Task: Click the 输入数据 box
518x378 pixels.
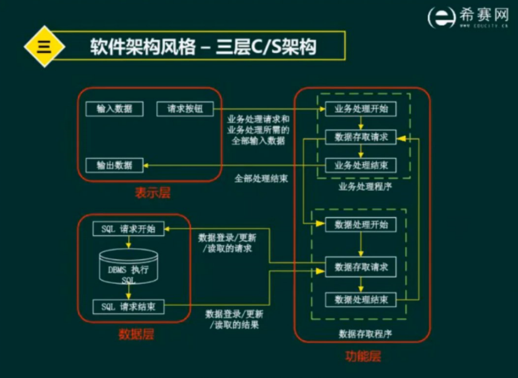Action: click(x=109, y=109)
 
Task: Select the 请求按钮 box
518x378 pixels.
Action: click(x=185, y=109)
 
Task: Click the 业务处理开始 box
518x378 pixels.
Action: click(x=361, y=109)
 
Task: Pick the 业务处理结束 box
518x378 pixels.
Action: click(x=361, y=165)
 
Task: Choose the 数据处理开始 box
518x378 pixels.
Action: click(x=361, y=224)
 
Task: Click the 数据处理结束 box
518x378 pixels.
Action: click(x=361, y=299)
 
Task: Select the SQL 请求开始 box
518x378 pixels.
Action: click(x=128, y=229)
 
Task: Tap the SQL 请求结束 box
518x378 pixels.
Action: click(x=128, y=307)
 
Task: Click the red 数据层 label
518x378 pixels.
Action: click(x=136, y=335)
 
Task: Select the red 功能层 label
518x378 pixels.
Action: click(x=363, y=356)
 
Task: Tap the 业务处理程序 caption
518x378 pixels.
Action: click(x=364, y=187)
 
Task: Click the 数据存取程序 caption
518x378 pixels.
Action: click(x=366, y=334)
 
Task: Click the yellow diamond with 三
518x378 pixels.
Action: click(x=44, y=47)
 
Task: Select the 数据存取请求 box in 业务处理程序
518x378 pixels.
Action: click(x=361, y=138)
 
